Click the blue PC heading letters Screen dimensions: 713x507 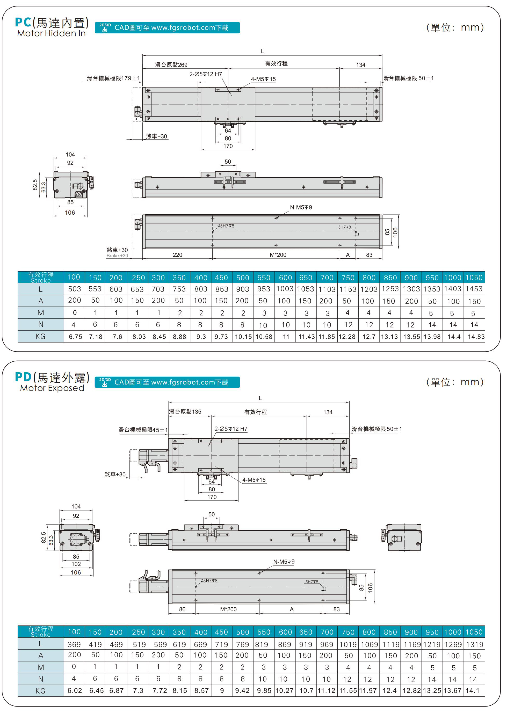coord(23,22)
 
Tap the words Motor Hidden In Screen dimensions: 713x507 coord(51,33)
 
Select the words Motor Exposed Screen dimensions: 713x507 coord(52,388)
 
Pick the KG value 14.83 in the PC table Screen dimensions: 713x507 coord(476,337)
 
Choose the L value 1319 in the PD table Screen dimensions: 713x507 coord(474,644)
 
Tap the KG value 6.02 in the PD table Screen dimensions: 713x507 coord(75,691)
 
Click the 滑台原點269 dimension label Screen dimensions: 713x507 coord(171,65)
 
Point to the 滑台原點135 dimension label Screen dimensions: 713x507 coord(185,412)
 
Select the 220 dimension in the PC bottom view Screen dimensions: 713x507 coord(177,255)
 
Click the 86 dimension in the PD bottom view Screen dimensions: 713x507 coord(182,609)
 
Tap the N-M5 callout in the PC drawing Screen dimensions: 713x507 coord(301,207)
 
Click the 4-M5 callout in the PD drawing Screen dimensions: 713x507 coord(254,480)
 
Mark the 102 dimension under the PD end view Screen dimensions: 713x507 coord(76,564)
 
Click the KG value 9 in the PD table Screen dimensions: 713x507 coord(222,691)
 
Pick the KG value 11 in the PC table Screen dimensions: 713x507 coord(286,337)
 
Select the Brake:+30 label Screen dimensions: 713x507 coord(117,256)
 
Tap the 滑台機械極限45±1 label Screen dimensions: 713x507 coord(143,430)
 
